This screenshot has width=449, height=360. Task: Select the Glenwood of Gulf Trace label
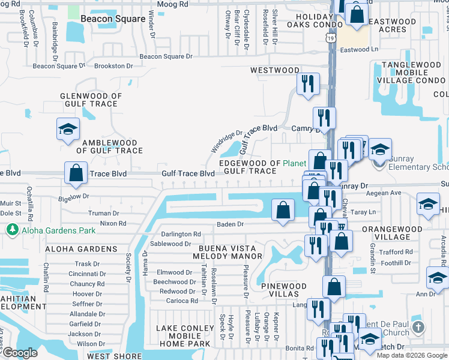point(91,100)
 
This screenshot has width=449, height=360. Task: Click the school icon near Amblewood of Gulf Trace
point(68,128)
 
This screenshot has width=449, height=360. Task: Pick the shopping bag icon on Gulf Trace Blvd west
point(76,173)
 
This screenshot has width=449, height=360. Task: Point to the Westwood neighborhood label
point(274,70)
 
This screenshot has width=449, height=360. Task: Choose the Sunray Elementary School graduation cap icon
point(379,149)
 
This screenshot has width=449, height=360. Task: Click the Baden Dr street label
point(231,224)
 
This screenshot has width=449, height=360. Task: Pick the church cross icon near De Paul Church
point(419,328)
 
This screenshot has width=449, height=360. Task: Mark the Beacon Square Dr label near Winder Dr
point(166,57)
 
